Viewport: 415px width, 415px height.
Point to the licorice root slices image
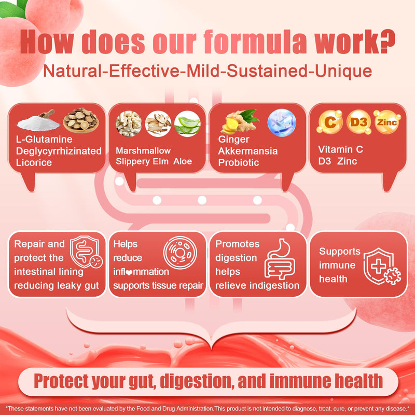point(80,120)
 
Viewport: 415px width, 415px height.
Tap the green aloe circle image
point(187,123)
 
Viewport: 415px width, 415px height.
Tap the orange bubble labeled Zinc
point(386,122)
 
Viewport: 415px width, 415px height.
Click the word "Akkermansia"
point(248,151)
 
